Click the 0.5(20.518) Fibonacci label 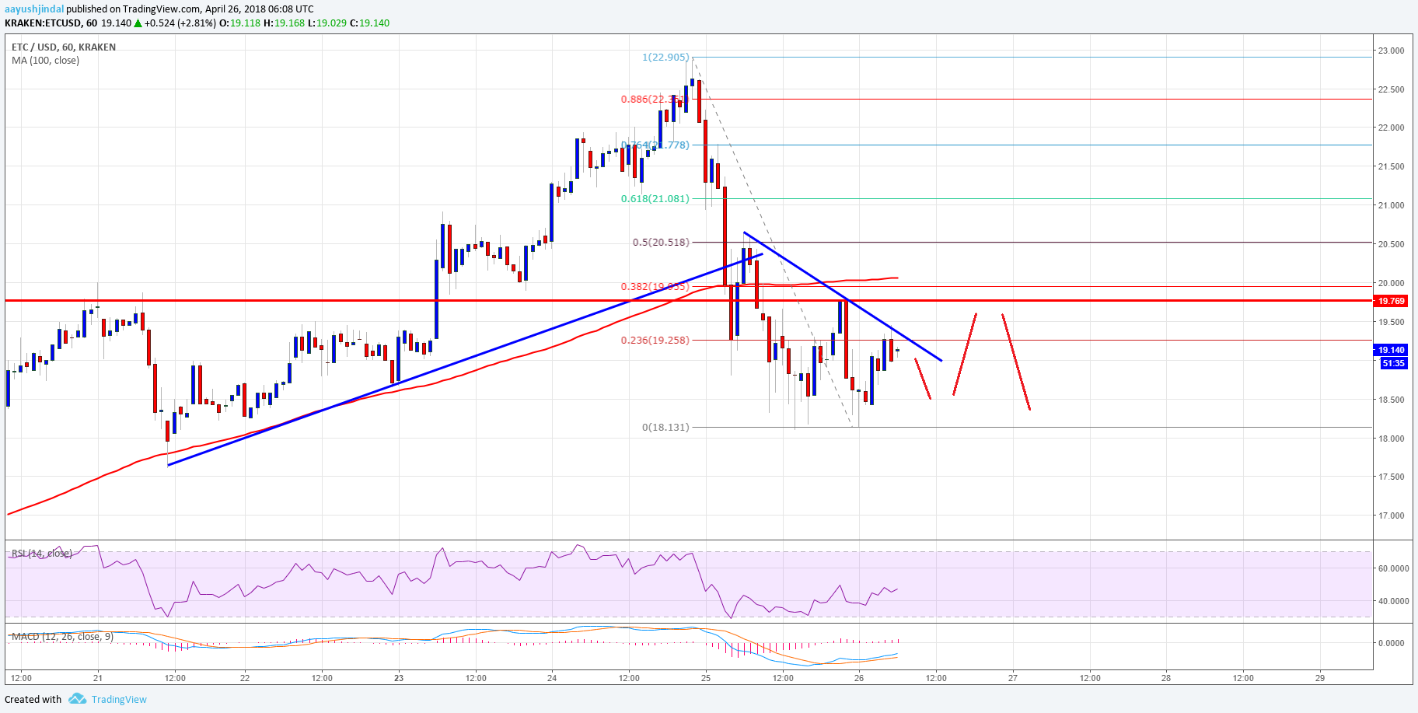pyautogui.click(x=660, y=243)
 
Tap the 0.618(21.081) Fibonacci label pyautogui.click(x=655, y=199)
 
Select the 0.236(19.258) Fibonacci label pyautogui.click(x=655, y=341)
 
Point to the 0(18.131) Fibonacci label pyautogui.click(x=665, y=428)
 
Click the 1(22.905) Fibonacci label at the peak pyautogui.click(x=665, y=58)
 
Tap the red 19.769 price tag pyautogui.click(x=1391, y=301)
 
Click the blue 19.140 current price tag pyautogui.click(x=1391, y=351)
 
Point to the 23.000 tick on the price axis pyautogui.click(x=1391, y=51)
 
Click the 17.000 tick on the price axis pyautogui.click(x=1391, y=516)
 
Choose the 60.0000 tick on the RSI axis pyautogui.click(x=1392, y=568)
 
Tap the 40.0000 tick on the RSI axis pyautogui.click(x=1392, y=601)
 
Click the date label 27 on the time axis pyautogui.click(x=1013, y=678)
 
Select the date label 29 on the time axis pyautogui.click(x=1320, y=678)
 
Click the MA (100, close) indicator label pyautogui.click(x=45, y=61)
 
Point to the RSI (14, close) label pyautogui.click(x=42, y=554)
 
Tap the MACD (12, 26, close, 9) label pyautogui.click(x=62, y=637)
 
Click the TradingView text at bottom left pyautogui.click(x=119, y=700)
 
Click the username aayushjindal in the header pyautogui.click(x=34, y=9)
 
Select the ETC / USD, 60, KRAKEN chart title pyautogui.click(x=64, y=47)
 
